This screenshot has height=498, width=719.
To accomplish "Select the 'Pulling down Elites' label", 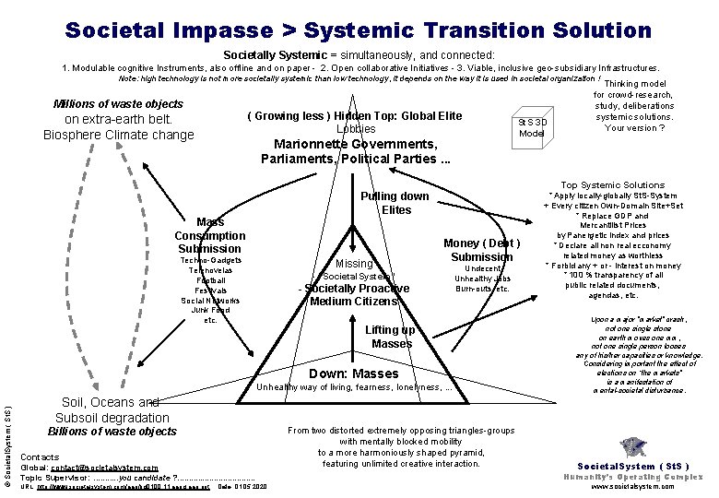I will click(394, 203).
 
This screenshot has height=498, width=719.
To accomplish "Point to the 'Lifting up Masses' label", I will click(391, 337).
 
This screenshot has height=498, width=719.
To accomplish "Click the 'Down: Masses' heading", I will click(354, 373).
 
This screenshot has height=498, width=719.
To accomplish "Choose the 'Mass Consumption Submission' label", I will click(210, 235).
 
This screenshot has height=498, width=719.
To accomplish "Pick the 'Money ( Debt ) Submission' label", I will click(481, 250).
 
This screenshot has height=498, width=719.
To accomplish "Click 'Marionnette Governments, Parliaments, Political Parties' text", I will click(356, 151).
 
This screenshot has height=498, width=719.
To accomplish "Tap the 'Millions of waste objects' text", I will click(118, 104).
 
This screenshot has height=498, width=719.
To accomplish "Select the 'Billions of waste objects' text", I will click(112, 432).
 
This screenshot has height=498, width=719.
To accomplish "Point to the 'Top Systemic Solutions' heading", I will click(612, 185).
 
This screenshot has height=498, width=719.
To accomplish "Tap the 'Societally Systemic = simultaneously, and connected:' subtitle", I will click(359, 55).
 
